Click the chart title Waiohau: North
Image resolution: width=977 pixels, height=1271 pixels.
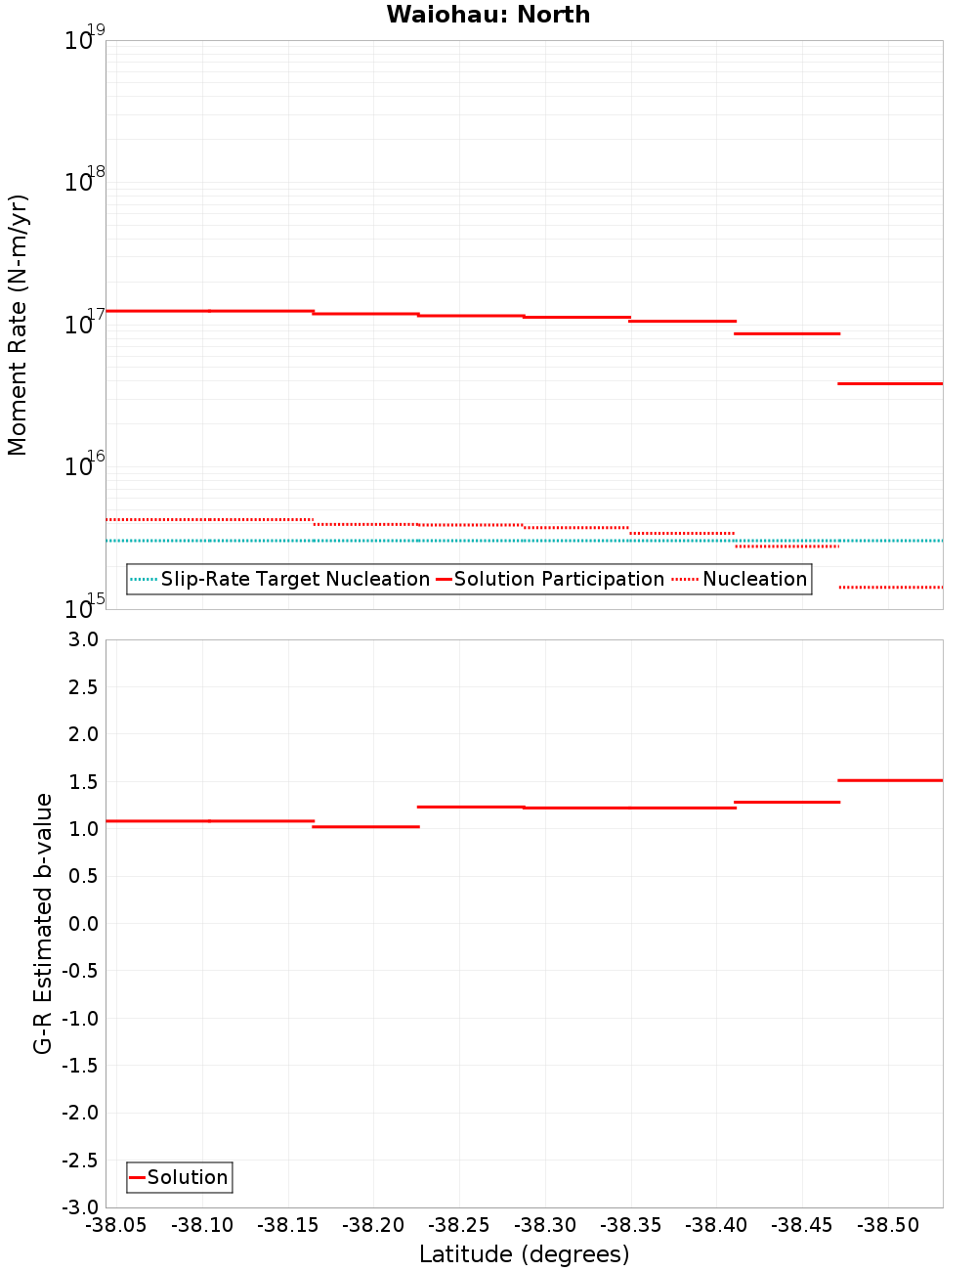pos(488,15)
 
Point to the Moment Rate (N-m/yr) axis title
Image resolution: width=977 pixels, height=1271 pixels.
pos(18,325)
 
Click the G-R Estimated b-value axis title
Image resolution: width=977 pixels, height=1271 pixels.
pos(43,923)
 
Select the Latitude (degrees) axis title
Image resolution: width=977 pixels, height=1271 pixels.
pos(524,1254)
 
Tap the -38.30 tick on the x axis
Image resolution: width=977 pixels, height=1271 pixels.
pos(545,1225)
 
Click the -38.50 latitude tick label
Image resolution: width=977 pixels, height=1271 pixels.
pos(888,1225)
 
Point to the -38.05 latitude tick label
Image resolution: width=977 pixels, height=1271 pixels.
pos(116,1225)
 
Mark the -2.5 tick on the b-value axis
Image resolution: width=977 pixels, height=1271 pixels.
pos(82,1160)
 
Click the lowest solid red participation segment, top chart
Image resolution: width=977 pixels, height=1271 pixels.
pos(890,383)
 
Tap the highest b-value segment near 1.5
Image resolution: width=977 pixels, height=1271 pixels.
pos(890,780)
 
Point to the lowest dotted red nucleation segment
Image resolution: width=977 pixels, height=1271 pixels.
pos(890,588)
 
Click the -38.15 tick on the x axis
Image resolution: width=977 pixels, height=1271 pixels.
pos(288,1225)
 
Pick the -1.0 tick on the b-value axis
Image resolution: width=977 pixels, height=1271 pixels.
pos(82,1018)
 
